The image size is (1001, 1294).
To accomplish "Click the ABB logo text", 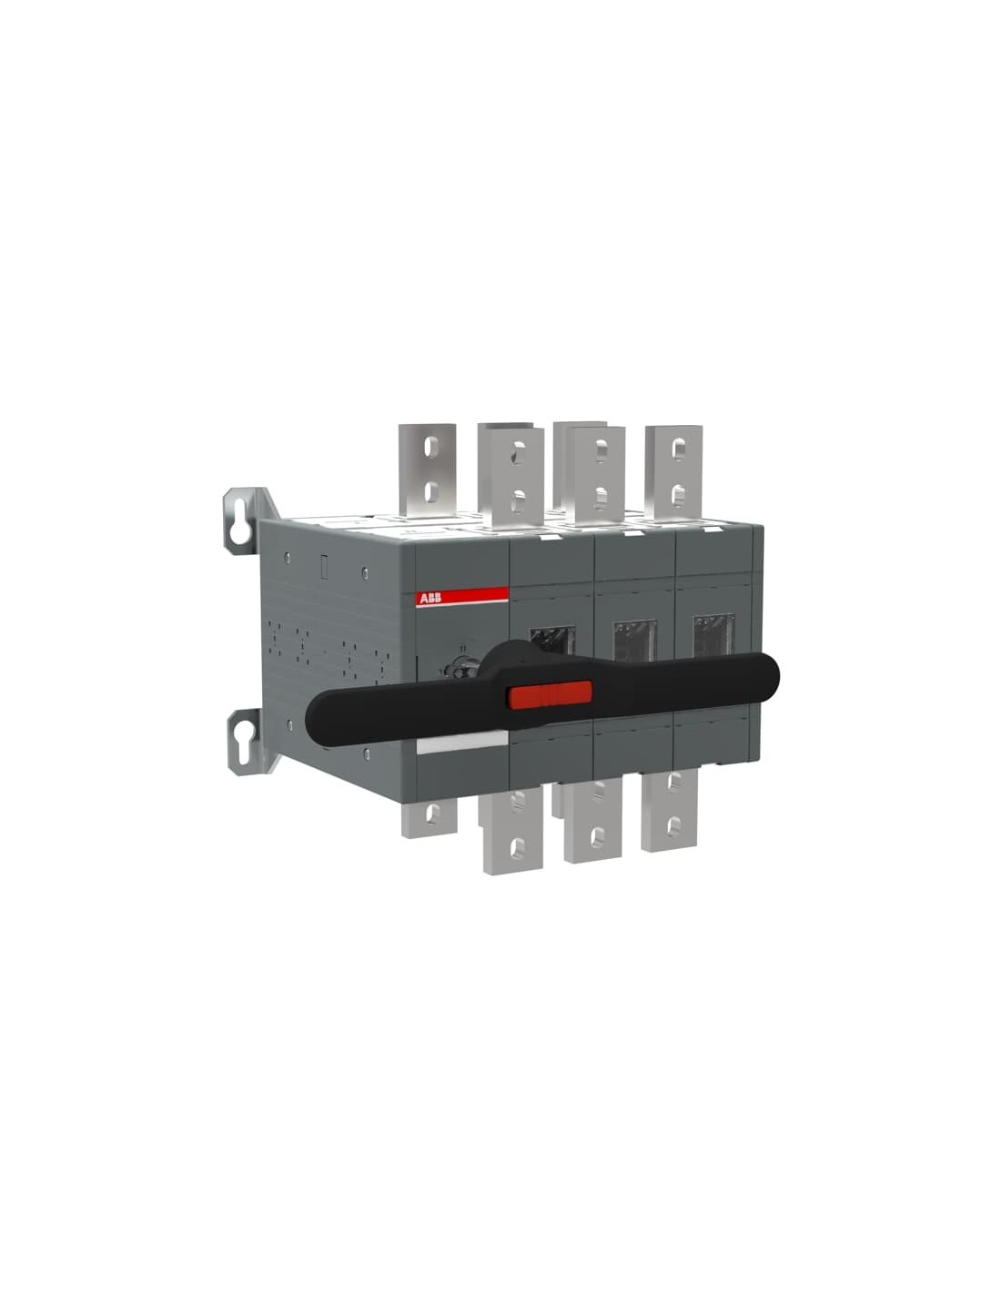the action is pos(430,598).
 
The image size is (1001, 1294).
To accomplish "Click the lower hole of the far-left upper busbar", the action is pos(433,490).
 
